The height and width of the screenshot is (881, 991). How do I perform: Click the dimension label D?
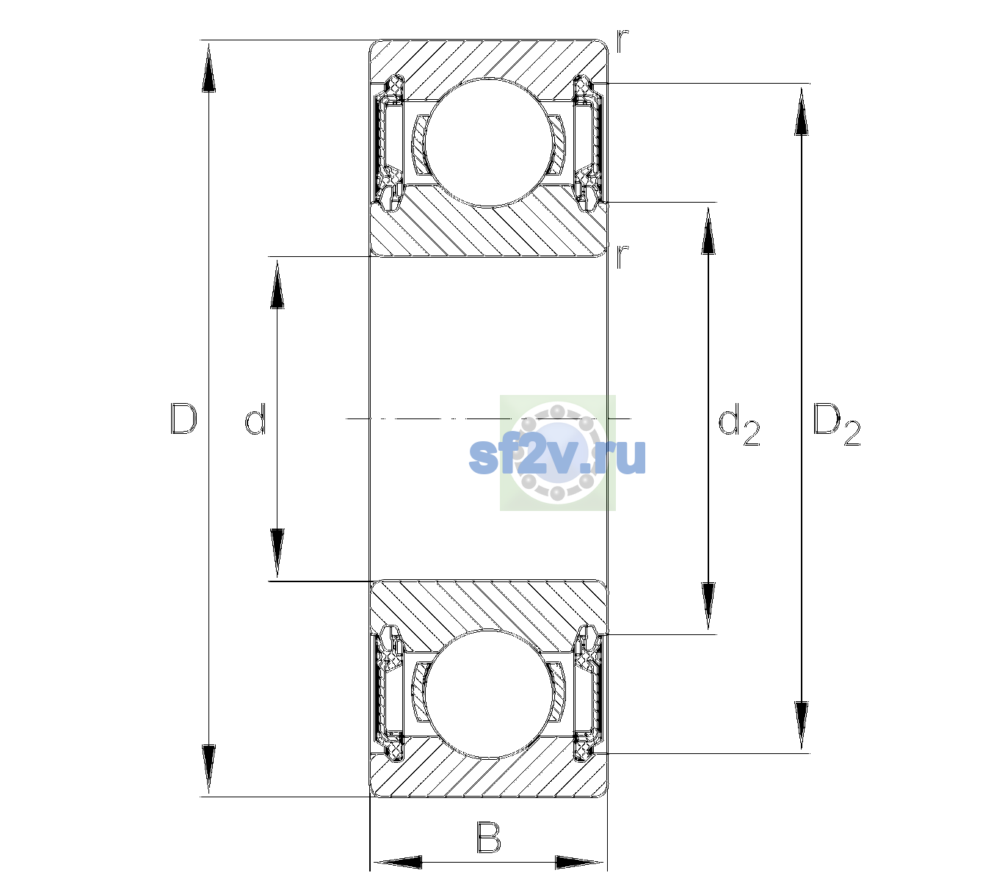pos(184,418)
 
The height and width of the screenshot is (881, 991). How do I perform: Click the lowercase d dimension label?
pos(255,418)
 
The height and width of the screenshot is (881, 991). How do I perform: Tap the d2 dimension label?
pos(738,424)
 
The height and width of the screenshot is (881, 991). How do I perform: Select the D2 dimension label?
pos(836,424)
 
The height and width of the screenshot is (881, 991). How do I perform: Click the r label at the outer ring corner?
pos(622,41)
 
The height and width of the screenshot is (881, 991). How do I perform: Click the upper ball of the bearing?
pos(489,142)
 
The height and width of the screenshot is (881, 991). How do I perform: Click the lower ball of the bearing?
pos(489,694)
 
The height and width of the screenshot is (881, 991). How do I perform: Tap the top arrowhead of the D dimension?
pos(209,68)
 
